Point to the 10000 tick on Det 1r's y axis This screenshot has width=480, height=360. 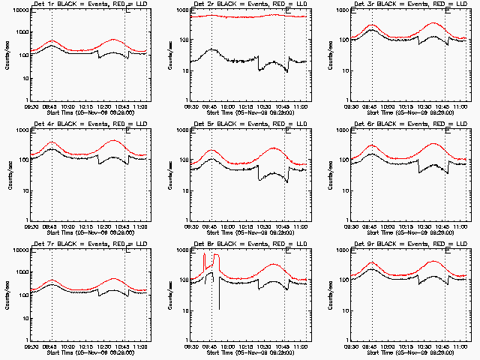pos(17,10)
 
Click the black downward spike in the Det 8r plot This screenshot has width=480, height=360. pos(220,296)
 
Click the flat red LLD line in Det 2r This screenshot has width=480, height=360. pos(247,16)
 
